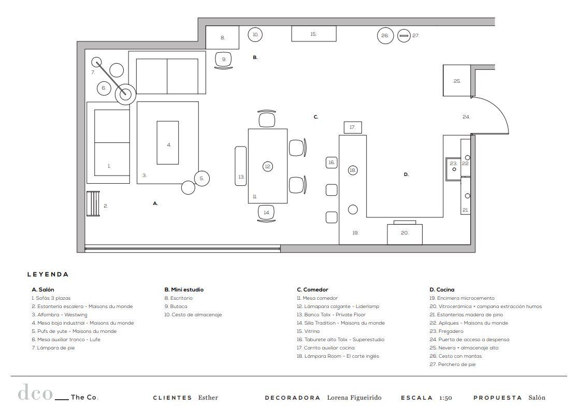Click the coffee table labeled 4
point(168,142)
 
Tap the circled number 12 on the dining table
point(268,167)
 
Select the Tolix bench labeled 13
point(241,166)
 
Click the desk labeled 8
point(222,37)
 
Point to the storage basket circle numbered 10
point(255,35)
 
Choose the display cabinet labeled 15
point(314,34)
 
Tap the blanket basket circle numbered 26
point(385,36)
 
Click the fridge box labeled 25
point(457,80)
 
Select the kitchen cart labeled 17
point(353,127)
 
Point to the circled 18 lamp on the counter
point(353,170)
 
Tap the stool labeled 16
point(331,163)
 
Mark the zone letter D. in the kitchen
point(406,174)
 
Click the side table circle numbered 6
point(104,88)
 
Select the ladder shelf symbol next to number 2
point(93,203)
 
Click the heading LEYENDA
point(48,274)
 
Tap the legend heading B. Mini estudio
point(184,290)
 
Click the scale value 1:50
point(446,398)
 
